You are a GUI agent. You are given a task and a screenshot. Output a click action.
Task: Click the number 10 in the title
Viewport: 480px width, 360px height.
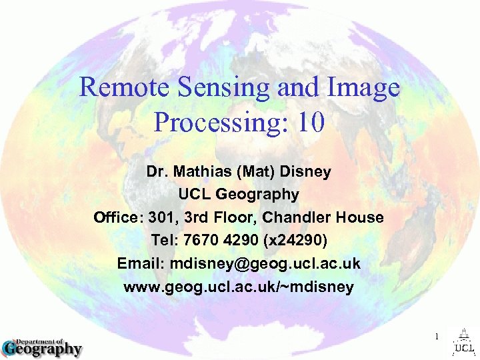(x=309, y=122)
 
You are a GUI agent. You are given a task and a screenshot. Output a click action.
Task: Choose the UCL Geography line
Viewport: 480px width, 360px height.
(x=239, y=195)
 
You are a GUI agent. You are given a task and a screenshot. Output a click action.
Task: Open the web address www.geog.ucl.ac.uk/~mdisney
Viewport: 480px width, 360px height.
(x=239, y=287)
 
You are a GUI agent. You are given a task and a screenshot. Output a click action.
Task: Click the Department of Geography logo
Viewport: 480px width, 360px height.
(x=41, y=346)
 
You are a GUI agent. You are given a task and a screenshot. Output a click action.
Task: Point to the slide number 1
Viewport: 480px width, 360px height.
(x=437, y=337)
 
